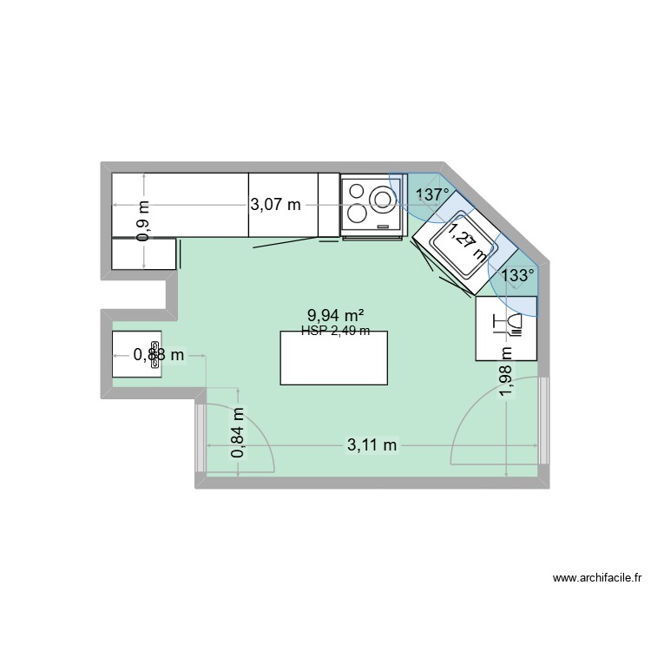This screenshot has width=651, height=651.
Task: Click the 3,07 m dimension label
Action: (x=275, y=205)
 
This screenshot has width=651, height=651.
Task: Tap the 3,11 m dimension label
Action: (x=372, y=445)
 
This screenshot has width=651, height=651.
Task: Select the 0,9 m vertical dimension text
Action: (x=144, y=220)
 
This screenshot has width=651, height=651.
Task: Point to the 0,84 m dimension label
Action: (x=238, y=434)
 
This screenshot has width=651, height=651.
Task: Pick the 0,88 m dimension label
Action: (x=158, y=354)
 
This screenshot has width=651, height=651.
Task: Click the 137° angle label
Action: (x=433, y=194)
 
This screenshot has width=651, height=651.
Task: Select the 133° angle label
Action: (x=519, y=276)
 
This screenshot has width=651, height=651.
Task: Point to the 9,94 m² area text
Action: (x=335, y=317)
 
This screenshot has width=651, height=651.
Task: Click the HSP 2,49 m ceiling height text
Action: (x=335, y=331)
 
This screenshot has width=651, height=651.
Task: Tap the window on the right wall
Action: (x=544, y=422)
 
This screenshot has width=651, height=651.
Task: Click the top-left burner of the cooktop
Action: (x=356, y=191)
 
